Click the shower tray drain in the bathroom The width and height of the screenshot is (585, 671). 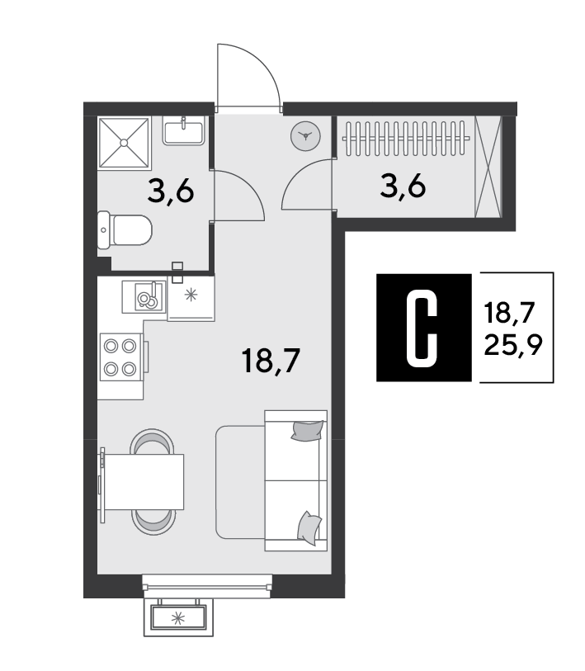tap(124, 143)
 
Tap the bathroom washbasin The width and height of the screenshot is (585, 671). tap(184, 131)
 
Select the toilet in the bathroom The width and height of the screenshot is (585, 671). tap(125, 229)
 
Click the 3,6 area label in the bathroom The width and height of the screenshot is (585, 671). tap(171, 191)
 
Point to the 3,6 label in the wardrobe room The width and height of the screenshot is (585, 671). tap(403, 187)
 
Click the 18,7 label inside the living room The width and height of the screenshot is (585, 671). tap(271, 361)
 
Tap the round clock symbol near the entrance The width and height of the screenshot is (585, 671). tap(305, 136)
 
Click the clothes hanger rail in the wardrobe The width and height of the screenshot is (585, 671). tap(406, 138)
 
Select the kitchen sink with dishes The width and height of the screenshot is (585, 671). tap(144, 297)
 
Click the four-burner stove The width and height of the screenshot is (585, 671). tap(120, 357)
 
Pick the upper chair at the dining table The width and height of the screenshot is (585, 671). tap(152, 442)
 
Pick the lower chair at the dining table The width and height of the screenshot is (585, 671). tap(153, 522)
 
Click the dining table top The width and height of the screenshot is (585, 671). tap(144, 482)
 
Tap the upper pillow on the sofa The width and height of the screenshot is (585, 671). tap(307, 430)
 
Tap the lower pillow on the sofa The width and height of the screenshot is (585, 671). tap(309, 528)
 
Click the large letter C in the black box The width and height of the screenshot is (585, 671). tap(422, 328)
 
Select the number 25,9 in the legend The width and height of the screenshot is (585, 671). tap(513, 345)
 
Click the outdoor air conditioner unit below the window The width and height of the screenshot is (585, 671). tap(178, 617)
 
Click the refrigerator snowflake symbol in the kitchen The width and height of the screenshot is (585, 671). tap(191, 295)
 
